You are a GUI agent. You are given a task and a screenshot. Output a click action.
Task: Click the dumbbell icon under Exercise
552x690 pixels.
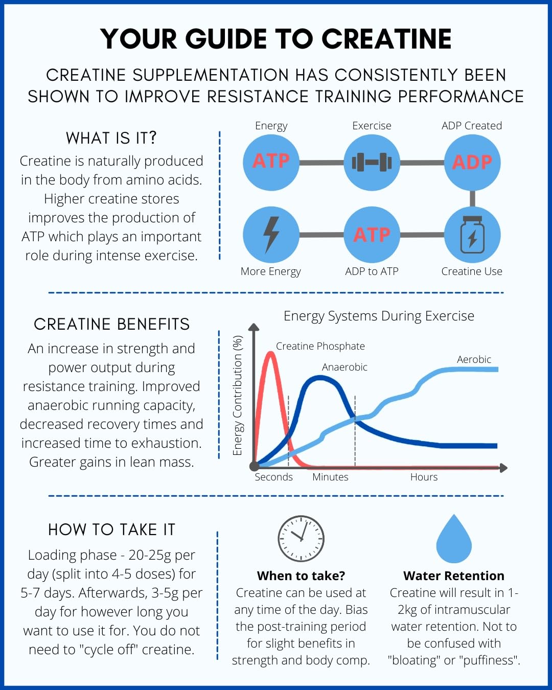coord(372,163)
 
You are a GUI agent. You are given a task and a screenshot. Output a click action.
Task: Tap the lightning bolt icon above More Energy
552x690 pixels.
coord(271,235)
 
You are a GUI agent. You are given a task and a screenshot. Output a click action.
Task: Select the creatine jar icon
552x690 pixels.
coord(472,235)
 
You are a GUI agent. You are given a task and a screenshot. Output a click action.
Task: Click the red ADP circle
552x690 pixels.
coord(472,163)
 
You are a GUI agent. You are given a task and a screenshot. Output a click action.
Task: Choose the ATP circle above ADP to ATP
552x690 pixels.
coord(372,235)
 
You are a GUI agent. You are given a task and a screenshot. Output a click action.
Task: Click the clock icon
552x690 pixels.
coord(301,539)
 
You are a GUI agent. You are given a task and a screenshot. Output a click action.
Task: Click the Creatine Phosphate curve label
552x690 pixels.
coord(320,346)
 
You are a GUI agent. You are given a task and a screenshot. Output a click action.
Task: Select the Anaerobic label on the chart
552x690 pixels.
coord(344,367)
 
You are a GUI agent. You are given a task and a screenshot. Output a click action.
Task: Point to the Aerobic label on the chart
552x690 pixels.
coord(474,359)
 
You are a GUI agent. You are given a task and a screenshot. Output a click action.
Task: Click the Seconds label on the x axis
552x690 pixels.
coord(274,477)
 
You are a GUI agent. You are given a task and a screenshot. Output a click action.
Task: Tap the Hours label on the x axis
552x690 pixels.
coord(424,477)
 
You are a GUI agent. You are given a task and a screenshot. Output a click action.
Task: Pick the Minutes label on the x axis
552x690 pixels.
coord(330,477)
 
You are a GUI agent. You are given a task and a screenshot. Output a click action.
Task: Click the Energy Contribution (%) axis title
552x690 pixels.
coord(237,396)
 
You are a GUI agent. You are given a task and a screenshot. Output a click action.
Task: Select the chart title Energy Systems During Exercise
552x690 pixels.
coord(379,316)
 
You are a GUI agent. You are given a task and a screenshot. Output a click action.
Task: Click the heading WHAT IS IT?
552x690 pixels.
coord(111,138)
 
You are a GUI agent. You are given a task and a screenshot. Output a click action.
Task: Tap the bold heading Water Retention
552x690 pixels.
coord(454,576)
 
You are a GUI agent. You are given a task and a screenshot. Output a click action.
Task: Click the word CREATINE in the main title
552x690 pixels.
coord(386,39)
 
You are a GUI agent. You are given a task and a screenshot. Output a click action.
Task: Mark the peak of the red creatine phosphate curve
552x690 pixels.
coord(270,353)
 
